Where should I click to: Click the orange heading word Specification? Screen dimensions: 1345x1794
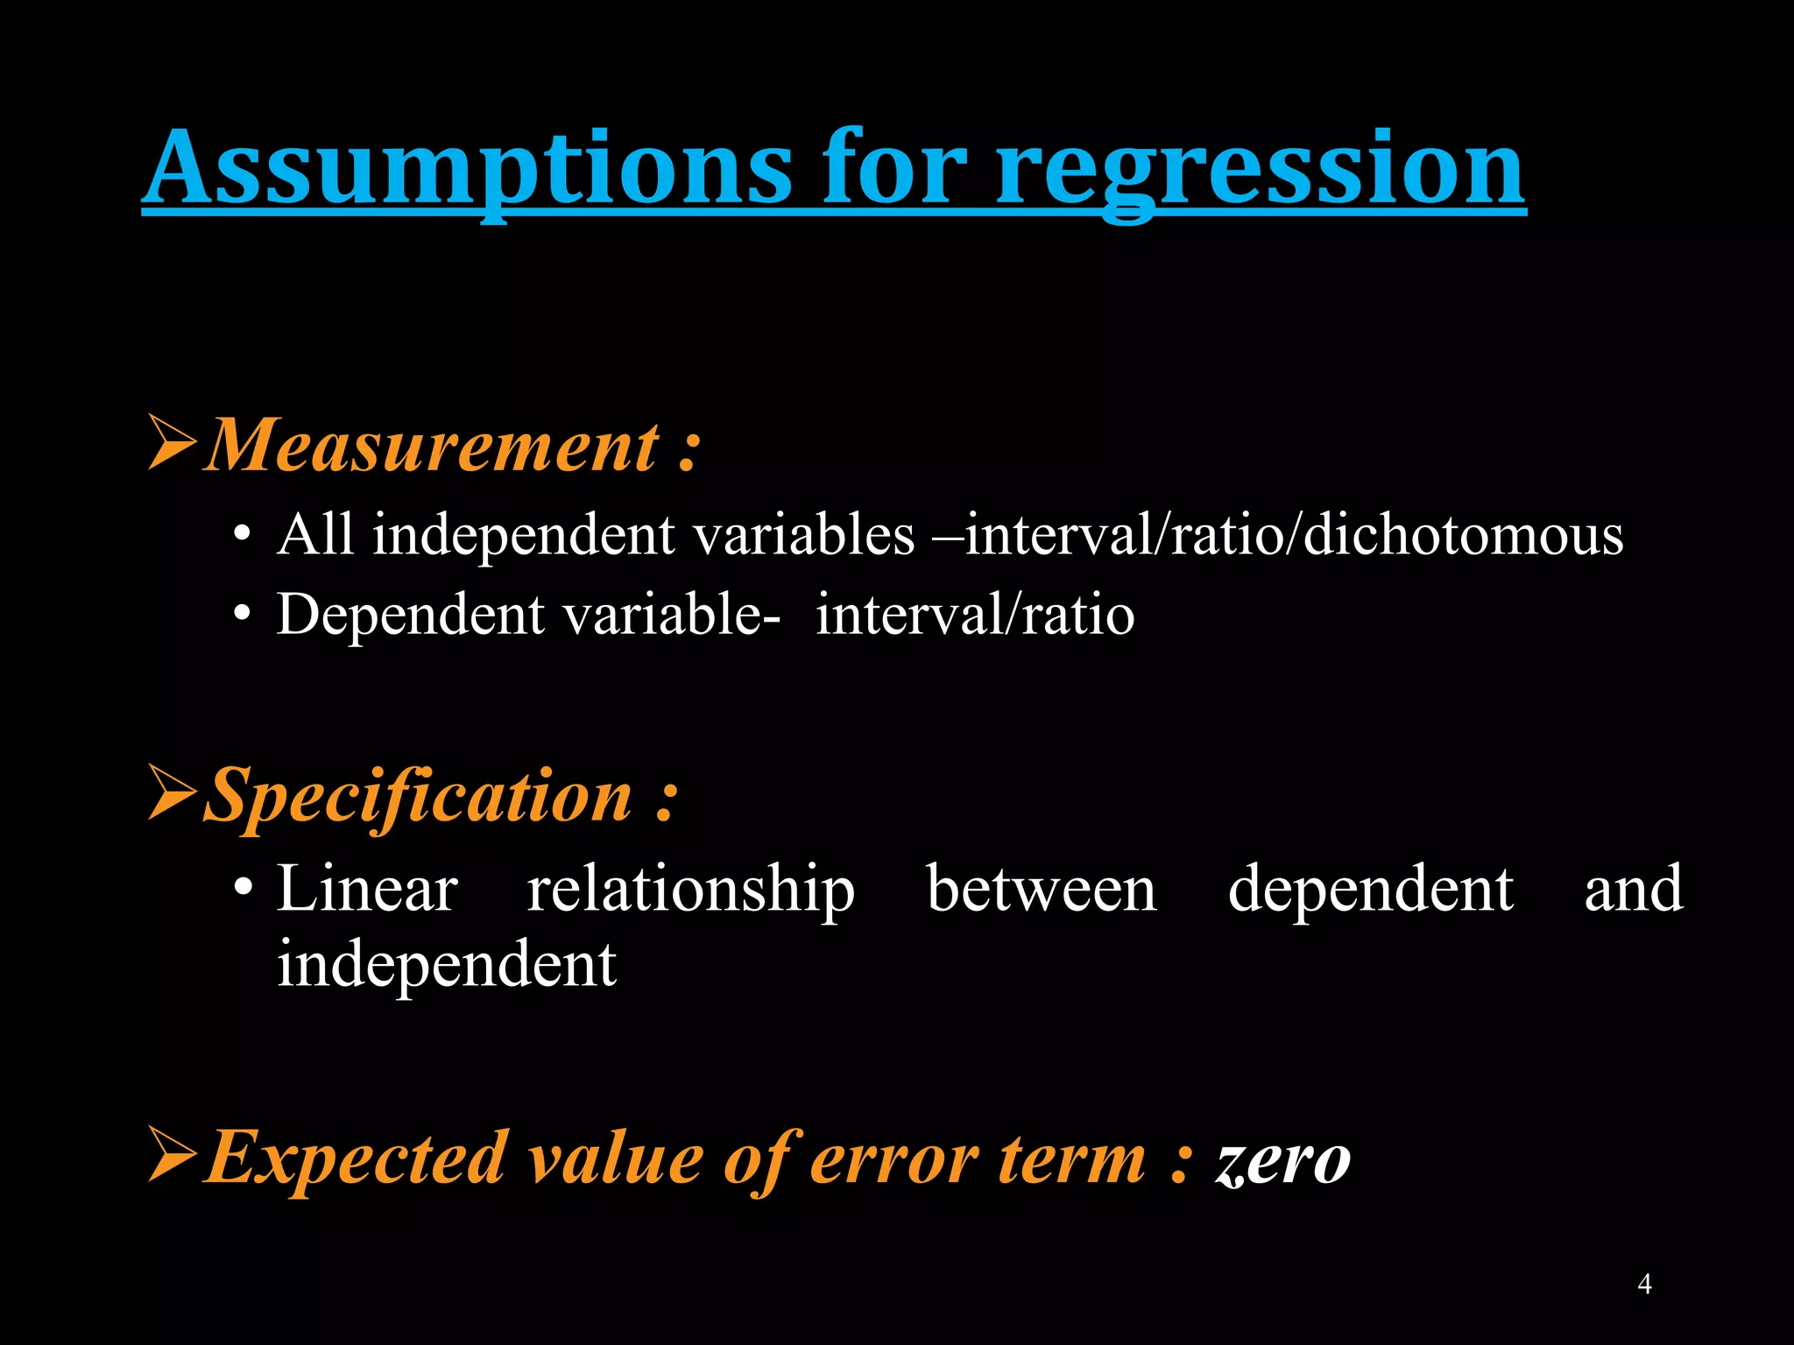click(x=419, y=796)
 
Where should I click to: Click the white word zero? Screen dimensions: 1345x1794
click(x=1282, y=1160)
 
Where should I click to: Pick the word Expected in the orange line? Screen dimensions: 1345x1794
click(x=356, y=1158)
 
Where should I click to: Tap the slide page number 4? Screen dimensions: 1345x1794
click(x=1644, y=1284)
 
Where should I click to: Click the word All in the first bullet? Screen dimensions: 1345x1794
click(x=315, y=533)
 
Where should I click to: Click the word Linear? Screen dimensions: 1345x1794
click(x=367, y=889)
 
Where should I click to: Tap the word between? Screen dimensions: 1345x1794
click(x=1042, y=889)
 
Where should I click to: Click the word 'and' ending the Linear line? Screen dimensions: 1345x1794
click(x=1633, y=889)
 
